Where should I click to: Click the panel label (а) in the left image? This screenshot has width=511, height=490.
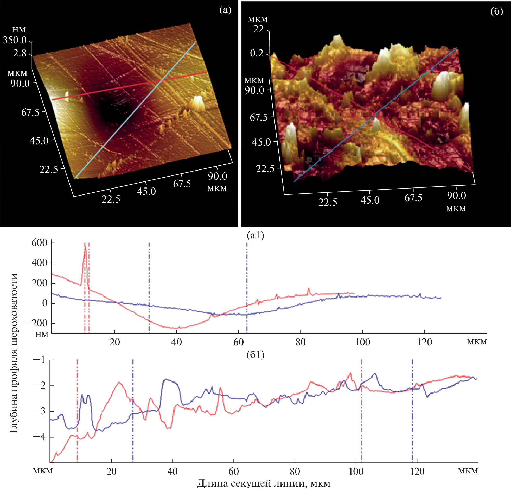(x=225, y=10)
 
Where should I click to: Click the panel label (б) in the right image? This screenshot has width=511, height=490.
(x=497, y=12)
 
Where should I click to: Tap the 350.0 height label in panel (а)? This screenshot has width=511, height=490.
(x=15, y=40)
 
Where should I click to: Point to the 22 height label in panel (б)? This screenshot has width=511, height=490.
(x=258, y=29)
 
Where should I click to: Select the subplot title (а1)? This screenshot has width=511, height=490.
(x=255, y=235)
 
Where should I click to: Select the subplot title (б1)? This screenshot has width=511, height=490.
(x=255, y=355)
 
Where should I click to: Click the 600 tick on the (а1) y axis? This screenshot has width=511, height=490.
(x=39, y=243)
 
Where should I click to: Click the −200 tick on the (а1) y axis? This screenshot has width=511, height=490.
(x=36, y=323)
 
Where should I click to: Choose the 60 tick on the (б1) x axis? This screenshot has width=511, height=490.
(x=234, y=472)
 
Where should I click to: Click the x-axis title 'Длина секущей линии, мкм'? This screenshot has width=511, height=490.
(x=264, y=483)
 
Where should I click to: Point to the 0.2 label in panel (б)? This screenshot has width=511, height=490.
(x=257, y=53)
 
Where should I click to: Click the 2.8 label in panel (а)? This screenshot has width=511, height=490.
(x=20, y=53)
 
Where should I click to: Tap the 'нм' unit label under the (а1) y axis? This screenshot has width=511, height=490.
(x=42, y=335)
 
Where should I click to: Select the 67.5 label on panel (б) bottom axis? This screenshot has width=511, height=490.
(x=413, y=198)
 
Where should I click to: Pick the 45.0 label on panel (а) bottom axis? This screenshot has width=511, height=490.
(x=146, y=191)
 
